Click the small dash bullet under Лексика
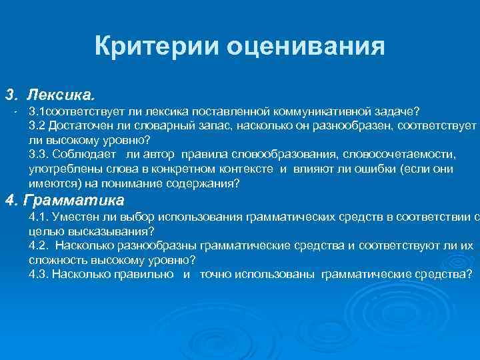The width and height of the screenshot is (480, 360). point(14,109)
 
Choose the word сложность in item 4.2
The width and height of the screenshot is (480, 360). point(56,261)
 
